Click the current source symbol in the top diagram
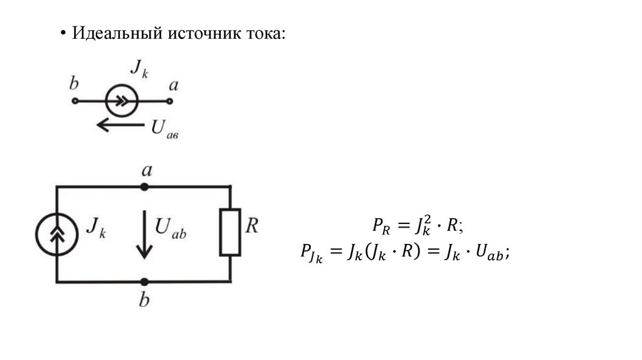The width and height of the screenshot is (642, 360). (x=122, y=100)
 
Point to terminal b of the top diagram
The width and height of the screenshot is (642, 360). (x=75, y=100)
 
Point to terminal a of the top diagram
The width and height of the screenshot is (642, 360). (x=169, y=100)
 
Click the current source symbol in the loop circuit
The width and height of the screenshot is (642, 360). (x=57, y=234)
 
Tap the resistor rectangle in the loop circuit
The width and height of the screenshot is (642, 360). (x=230, y=231)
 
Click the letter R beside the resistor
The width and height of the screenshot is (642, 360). (x=251, y=226)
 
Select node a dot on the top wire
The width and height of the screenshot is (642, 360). (x=144, y=187)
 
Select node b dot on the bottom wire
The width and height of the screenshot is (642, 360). (x=144, y=282)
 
